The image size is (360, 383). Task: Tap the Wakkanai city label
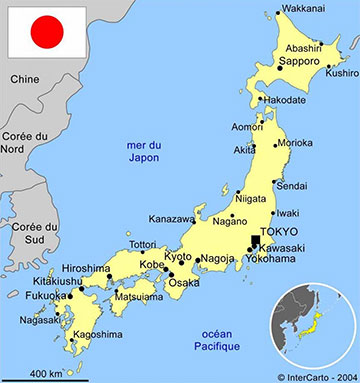(x=303, y=9)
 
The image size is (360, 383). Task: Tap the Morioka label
(x=296, y=144)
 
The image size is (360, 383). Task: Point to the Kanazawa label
(x=172, y=219)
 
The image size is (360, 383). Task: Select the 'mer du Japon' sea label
(x=143, y=152)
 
